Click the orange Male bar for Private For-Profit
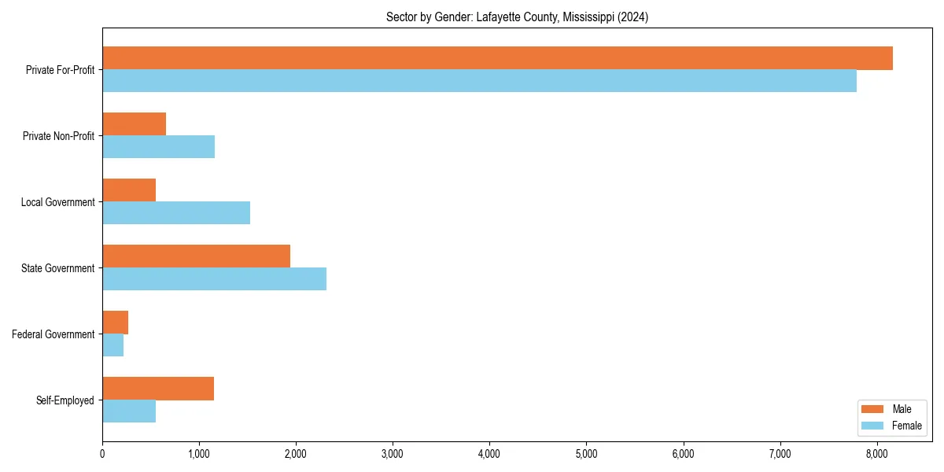point(497,58)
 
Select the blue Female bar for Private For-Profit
point(479,81)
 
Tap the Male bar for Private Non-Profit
point(134,124)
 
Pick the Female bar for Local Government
point(176,213)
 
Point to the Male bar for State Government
point(196,256)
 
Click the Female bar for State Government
point(214,279)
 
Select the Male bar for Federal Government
point(115,323)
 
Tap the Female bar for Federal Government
point(112,345)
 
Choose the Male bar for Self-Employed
point(158,389)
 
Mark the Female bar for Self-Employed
point(129,411)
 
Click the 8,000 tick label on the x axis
point(877,453)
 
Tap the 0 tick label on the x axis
point(102,453)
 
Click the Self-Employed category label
point(65,400)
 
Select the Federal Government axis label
point(53,334)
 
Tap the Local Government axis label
point(57,202)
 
